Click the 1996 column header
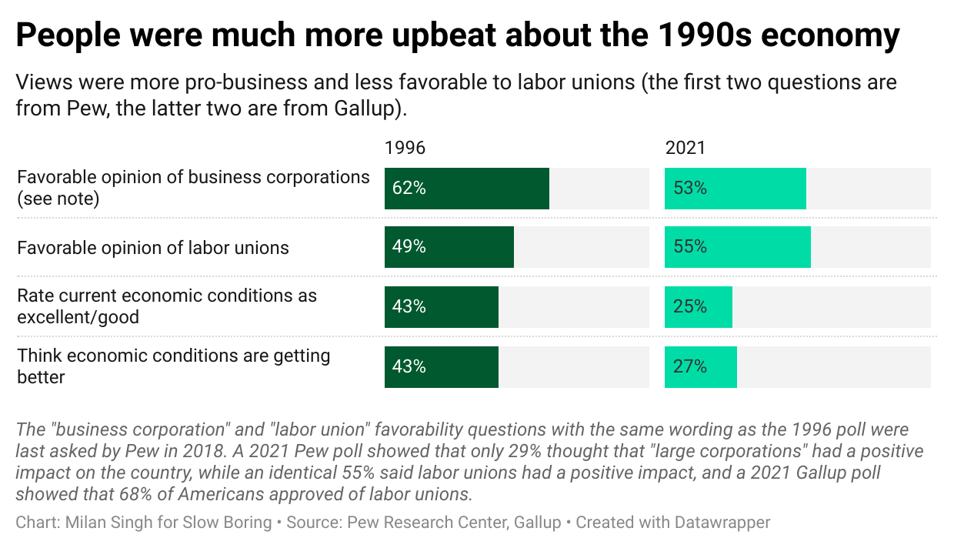click(x=405, y=148)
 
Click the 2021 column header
click(x=685, y=148)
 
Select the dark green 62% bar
click(x=467, y=189)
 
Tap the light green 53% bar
click(x=735, y=189)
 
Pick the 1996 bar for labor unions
click(x=449, y=247)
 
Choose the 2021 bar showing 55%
click(x=737, y=247)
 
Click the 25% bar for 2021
click(x=698, y=307)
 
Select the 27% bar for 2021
click(x=700, y=367)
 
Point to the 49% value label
click(x=409, y=247)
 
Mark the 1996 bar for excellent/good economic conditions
click(x=441, y=307)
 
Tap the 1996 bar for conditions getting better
click(x=441, y=367)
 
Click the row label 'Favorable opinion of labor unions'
click(x=153, y=248)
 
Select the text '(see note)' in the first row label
click(x=58, y=199)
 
